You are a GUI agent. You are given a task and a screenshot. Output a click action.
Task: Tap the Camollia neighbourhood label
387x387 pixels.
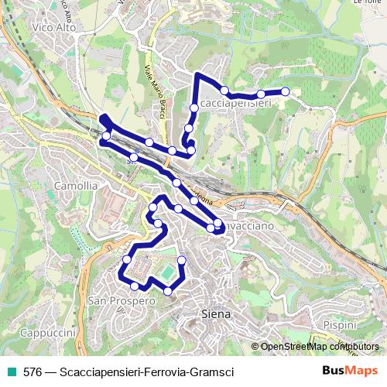pyautogui.click(x=75, y=186)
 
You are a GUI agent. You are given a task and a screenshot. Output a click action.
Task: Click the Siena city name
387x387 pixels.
pyautogui.click(x=217, y=314)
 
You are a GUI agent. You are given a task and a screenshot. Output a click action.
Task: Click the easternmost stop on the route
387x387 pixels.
pyautogui.click(x=286, y=91)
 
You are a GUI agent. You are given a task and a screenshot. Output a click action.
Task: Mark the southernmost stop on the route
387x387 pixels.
pyautogui.click(x=168, y=291)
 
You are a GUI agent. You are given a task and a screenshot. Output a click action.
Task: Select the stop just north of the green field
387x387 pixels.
pyautogui.click(x=182, y=259)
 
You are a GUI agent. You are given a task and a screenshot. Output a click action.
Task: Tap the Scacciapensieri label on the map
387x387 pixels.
pyautogui.click(x=232, y=103)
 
